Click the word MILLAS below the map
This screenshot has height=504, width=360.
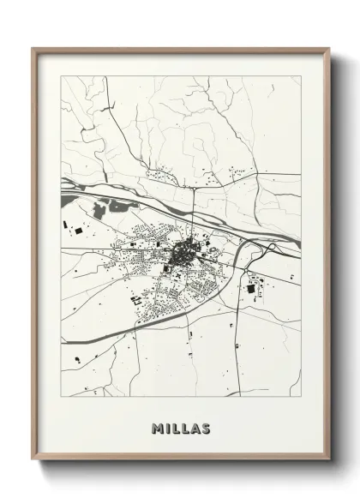tap(181, 427)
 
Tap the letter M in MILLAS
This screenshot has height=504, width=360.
tap(157, 427)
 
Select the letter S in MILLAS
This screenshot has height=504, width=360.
tap(206, 427)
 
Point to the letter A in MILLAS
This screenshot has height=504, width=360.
tap(195, 427)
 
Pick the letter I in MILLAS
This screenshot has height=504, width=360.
tap(167, 427)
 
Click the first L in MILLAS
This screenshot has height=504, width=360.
tap(175, 427)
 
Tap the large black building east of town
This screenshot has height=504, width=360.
tap(251, 289)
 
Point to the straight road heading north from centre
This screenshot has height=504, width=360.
tap(194, 206)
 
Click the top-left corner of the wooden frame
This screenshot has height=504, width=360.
tap(33, 49)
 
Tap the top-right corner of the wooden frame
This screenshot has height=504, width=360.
tap(329, 49)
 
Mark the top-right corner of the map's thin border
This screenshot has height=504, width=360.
tap(301, 76)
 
